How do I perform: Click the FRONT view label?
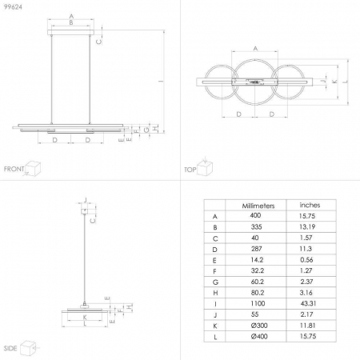click(14, 169)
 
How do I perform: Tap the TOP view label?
click(190, 170)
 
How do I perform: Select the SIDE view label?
click(10, 350)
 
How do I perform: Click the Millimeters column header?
click(258, 206)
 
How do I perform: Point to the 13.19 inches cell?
click(309, 228)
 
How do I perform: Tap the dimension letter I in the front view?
click(161, 80)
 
